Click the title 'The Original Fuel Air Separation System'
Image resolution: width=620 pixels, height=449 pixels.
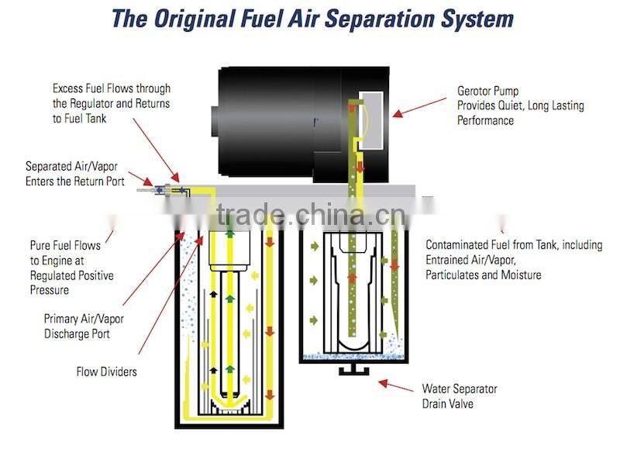(312, 19)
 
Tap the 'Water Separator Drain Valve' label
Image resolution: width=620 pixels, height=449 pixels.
(460, 395)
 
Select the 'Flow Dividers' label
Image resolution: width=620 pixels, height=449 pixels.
(107, 371)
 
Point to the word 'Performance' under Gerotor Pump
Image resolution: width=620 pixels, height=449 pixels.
(485, 120)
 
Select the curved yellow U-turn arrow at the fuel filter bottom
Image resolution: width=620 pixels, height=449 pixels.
(229, 400)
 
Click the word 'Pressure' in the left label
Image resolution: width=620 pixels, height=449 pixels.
(50, 290)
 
